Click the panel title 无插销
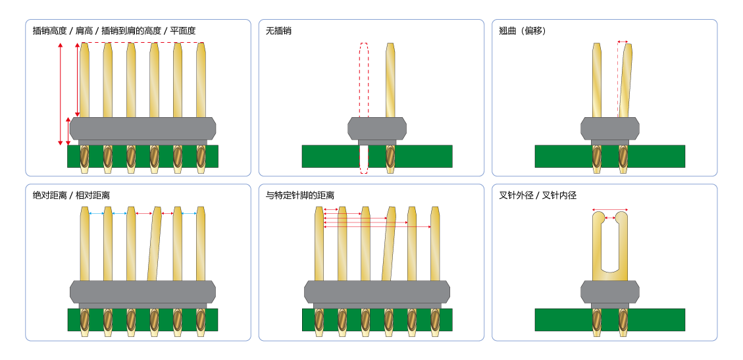tap(278, 31)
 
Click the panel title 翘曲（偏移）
tap(523, 31)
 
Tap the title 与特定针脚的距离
tap(300, 195)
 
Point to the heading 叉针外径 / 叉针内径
tap(538, 195)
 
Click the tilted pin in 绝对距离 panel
tap(155, 244)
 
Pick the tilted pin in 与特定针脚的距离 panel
tap(389, 244)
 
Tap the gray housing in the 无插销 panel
tap(377, 128)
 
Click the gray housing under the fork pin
tap(609, 292)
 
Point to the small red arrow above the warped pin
tap(623, 41)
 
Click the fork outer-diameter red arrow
tap(609, 210)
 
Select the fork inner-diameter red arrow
tap(609, 217)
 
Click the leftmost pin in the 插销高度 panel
tap(84, 79)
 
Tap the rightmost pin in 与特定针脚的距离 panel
tap(435, 244)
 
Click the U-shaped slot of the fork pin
tap(609, 244)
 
